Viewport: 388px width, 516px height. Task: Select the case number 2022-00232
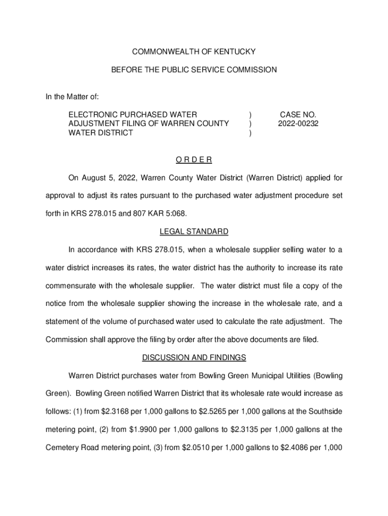(x=298, y=123)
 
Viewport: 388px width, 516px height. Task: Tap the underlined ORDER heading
(x=194, y=160)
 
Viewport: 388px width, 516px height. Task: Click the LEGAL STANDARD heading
(x=194, y=232)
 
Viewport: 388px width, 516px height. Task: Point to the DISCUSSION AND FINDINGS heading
(x=194, y=358)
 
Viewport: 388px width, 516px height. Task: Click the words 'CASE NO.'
(x=298, y=114)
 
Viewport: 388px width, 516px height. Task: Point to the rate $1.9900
(x=132, y=430)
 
